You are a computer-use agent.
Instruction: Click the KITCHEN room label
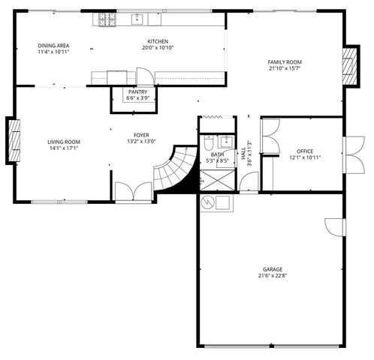[x=158, y=42]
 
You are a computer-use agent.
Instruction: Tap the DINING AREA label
[x=53, y=46]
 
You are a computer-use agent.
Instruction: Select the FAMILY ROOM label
[x=285, y=62]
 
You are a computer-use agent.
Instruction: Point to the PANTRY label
[x=137, y=91]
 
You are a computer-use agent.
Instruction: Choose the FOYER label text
[x=140, y=135]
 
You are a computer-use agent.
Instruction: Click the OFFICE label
[x=305, y=151]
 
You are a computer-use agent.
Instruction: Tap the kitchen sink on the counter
[x=138, y=19]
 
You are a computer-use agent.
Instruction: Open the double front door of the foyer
[x=132, y=191]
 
